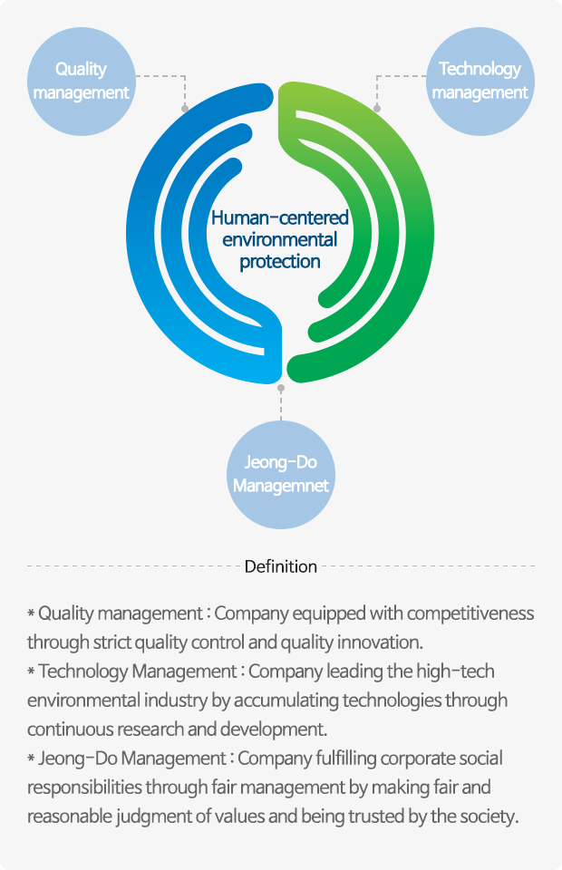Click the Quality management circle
[81, 81]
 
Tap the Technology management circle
[480, 81]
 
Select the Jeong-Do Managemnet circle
[281, 474]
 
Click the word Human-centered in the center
[279, 217]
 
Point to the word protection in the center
[279, 261]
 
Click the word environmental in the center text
[279, 239]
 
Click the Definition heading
[281, 566]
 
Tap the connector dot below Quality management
[185, 108]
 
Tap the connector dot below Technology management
[377, 108]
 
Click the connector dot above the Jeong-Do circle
[281, 388]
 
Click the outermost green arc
[424, 233]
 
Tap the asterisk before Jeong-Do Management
[31, 759]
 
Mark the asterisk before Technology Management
[31, 672]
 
